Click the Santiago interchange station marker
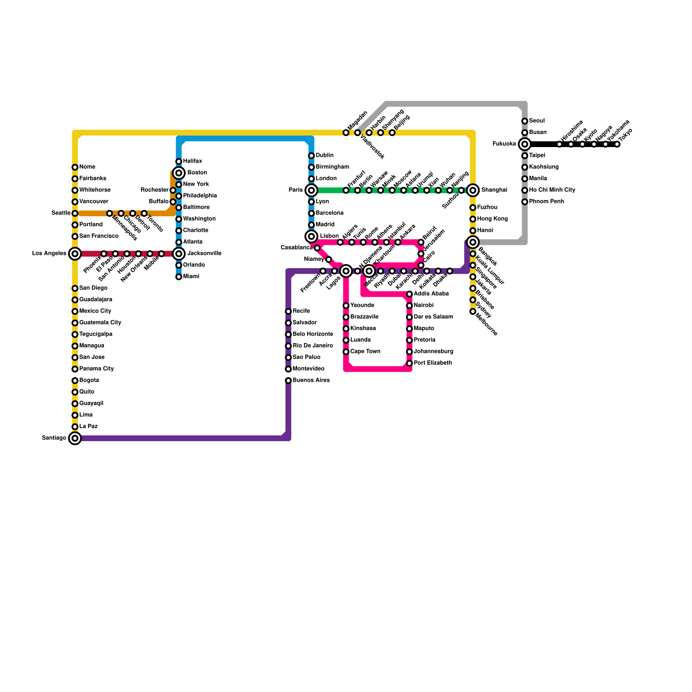pyautogui.click(x=75, y=438)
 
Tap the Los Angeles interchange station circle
pyautogui.click(x=75, y=253)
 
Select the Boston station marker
pyautogui.click(x=179, y=173)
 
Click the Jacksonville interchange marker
pyautogui.click(x=179, y=253)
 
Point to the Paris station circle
pyautogui.click(x=311, y=190)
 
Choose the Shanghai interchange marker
pyautogui.click(x=473, y=190)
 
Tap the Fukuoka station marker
pyautogui.click(x=525, y=144)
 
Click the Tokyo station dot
pyautogui.click(x=617, y=144)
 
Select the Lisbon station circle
pyautogui.click(x=311, y=236)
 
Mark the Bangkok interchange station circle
pyautogui.click(x=473, y=242)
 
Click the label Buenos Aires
pyautogui.click(x=311, y=380)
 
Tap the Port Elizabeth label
pyautogui.click(x=432, y=363)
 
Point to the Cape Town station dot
pyautogui.click(x=346, y=352)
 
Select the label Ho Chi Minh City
pyautogui.click(x=552, y=190)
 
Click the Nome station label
pyautogui.click(x=87, y=167)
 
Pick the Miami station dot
pyautogui.click(x=179, y=277)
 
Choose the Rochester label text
pyautogui.click(x=154, y=190)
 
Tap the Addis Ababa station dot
pyautogui.click(x=409, y=294)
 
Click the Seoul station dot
pyautogui.click(x=525, y=121)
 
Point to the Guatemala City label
pyautogui.click(x=100, y=323)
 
